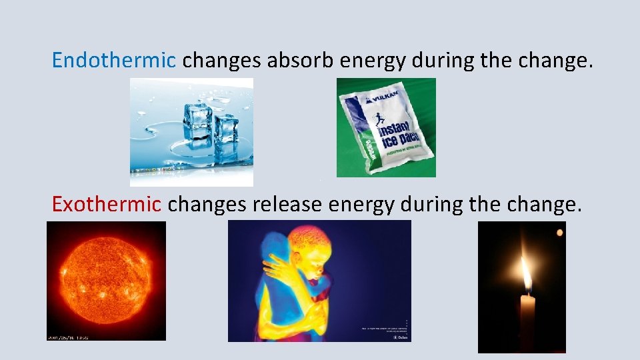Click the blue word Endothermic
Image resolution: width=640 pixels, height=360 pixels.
[113, 61]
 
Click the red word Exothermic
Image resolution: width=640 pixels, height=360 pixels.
[106, 204]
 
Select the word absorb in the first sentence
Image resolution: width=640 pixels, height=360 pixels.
[301, 61]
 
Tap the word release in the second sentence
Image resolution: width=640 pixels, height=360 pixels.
[288, 204]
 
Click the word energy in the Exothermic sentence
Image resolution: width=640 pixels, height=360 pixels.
[359, 205]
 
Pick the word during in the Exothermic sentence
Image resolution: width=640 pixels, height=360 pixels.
[432, 204]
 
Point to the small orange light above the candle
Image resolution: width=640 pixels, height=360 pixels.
[560, 233]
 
